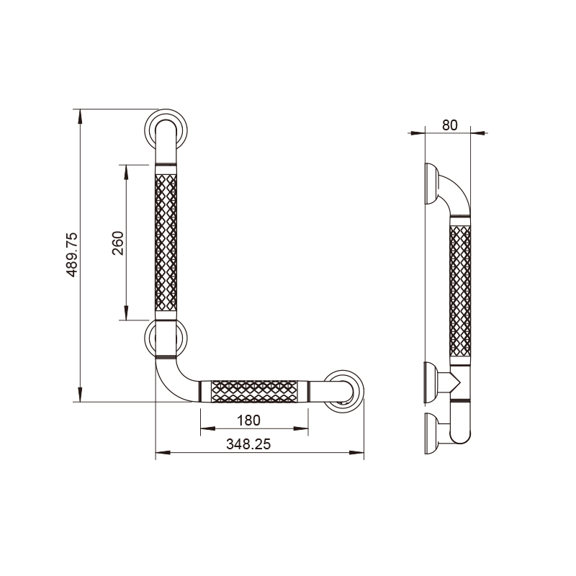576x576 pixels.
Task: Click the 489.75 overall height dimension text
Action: click(x=71, y=254)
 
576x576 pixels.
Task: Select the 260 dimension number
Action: click(x=118, y=243)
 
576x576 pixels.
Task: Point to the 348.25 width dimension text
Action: click(x=248, y=444)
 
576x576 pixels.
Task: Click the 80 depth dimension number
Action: click(x=449, y=125)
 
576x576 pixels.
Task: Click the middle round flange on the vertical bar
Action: click(x=167, y=338)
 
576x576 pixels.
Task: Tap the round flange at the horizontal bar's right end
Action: click(x=345, y=392)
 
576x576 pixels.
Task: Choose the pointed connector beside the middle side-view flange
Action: click(x=451, y=381)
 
